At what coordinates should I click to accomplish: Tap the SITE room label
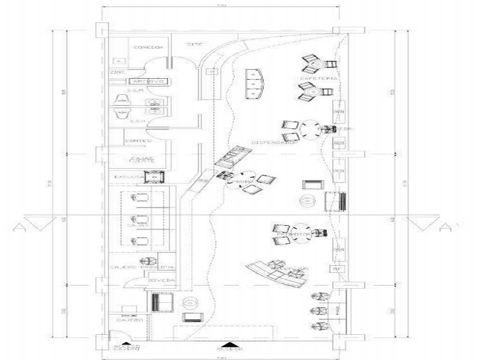pyautogui.click(x=194, y=45)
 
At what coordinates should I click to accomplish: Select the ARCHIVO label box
pyautogui.click(x=148, y=82)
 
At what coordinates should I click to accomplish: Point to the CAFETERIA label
pyautogui.click(x=318, y=78)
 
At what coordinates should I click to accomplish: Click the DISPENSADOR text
pyautogui.click(x=275, y=142)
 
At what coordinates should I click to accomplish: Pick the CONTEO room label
pyautogui.click(x=138, y=141)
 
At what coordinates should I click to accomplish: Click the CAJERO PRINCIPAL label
pyautogui.click(x=142, y=267)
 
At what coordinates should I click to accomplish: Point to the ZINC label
pyautogui.click(x=117, y=72)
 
